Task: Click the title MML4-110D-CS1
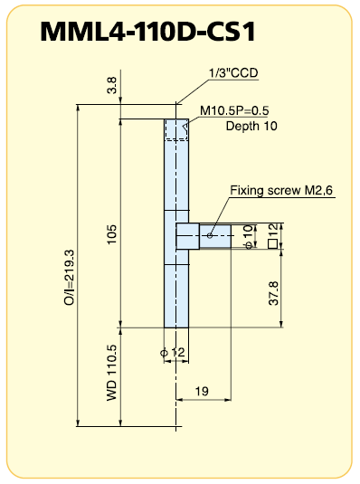(x=148, y=32)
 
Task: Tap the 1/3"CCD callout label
(x=233, y=73)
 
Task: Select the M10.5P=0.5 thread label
(x=234, y=110)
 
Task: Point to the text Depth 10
(x=251, y=126)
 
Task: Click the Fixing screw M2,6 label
(x=281, y=190)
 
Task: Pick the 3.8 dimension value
(x=112, y=85)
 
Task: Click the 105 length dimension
(x=112, y=234)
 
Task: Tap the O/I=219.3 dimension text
(x=69, y=278)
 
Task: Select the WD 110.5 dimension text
(x=112, y=373)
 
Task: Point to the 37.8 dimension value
(x=273, y=293)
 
